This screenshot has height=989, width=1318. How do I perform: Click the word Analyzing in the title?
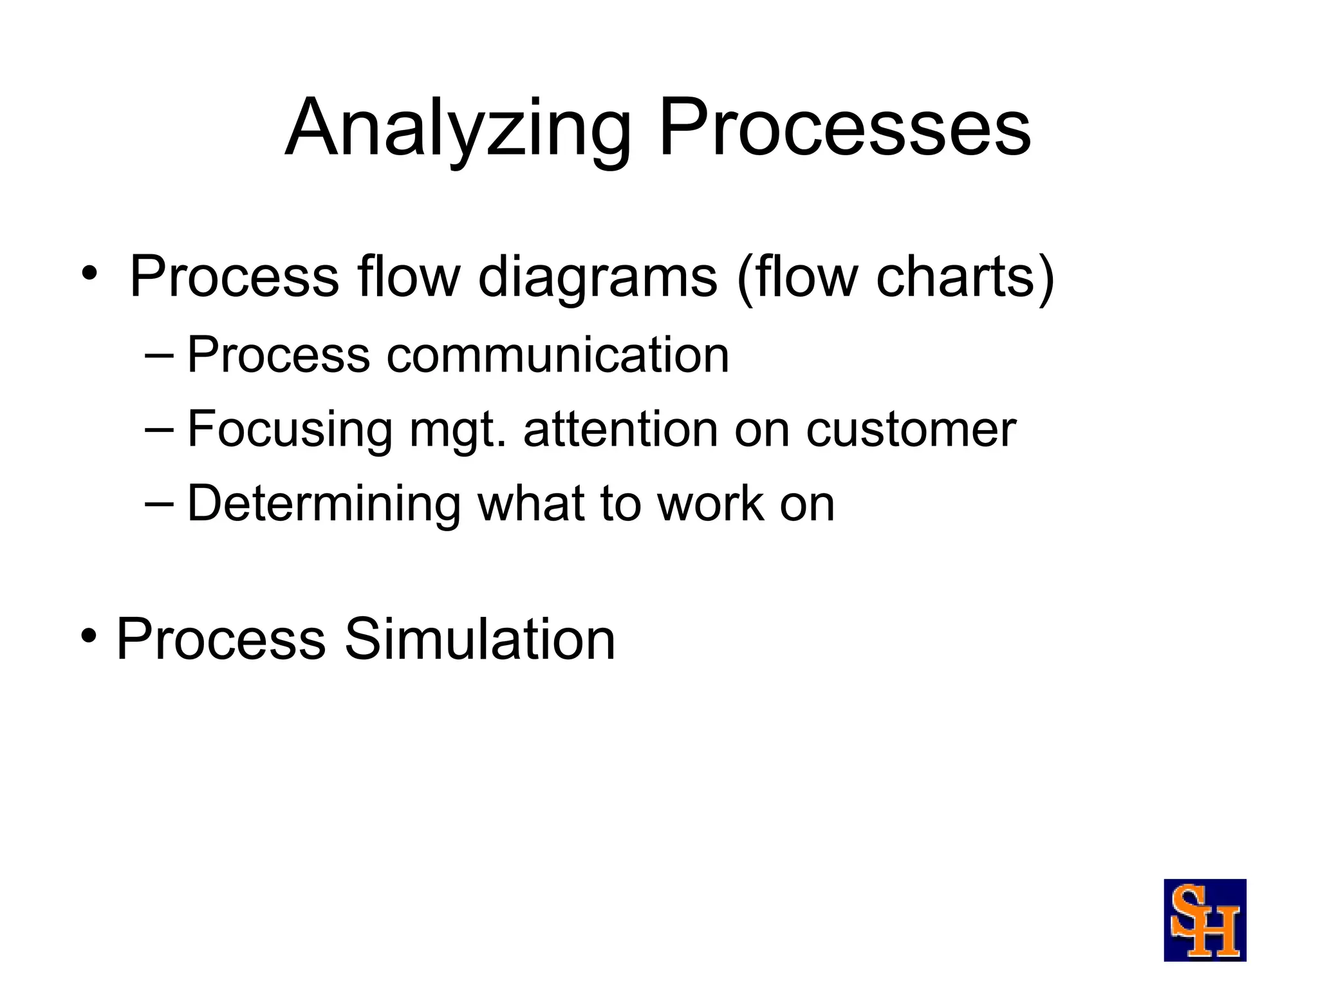458,129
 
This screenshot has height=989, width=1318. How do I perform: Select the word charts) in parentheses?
965,277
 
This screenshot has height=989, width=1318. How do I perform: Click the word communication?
557,355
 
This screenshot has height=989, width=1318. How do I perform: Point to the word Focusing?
289,429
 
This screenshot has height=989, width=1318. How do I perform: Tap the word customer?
911,429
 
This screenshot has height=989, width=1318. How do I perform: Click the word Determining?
324,504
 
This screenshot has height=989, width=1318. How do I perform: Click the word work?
710,504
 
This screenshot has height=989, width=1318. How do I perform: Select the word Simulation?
479,639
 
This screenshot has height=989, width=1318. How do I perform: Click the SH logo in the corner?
1205,920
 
